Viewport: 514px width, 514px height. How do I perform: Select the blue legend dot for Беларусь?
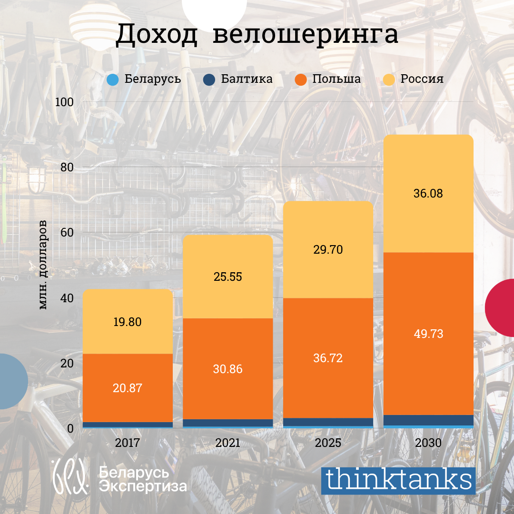113,79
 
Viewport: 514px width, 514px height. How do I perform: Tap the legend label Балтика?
247,79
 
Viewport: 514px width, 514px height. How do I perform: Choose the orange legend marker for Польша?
301,79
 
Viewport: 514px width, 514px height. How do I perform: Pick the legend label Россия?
422,79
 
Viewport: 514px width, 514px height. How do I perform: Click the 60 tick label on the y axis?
67,233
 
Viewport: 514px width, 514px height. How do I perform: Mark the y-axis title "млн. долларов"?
43,265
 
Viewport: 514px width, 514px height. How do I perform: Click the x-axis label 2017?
128,443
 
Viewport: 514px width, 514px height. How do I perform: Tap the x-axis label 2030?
428,443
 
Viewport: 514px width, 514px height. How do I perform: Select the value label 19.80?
128,322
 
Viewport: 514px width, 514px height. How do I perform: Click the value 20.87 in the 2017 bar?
128,388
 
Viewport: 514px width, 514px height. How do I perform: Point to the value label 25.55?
228,277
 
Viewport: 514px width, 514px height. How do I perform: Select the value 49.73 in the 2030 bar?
428,334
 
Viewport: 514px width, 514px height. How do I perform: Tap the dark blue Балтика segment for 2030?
428,420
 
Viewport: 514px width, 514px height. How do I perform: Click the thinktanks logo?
398,480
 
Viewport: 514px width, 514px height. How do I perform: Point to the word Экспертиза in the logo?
143,486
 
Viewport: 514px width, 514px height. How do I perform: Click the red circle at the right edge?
501,308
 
